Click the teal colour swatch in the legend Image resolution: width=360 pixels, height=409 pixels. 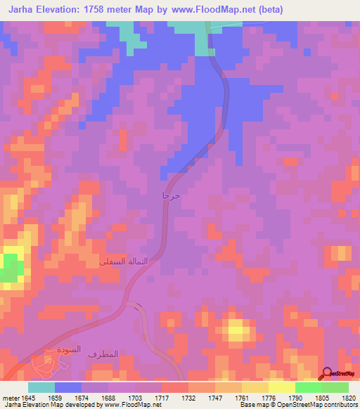point(41,387)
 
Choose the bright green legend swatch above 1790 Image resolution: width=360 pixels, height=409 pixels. point(308,387)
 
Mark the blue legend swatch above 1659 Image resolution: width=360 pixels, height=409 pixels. point(68,387)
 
